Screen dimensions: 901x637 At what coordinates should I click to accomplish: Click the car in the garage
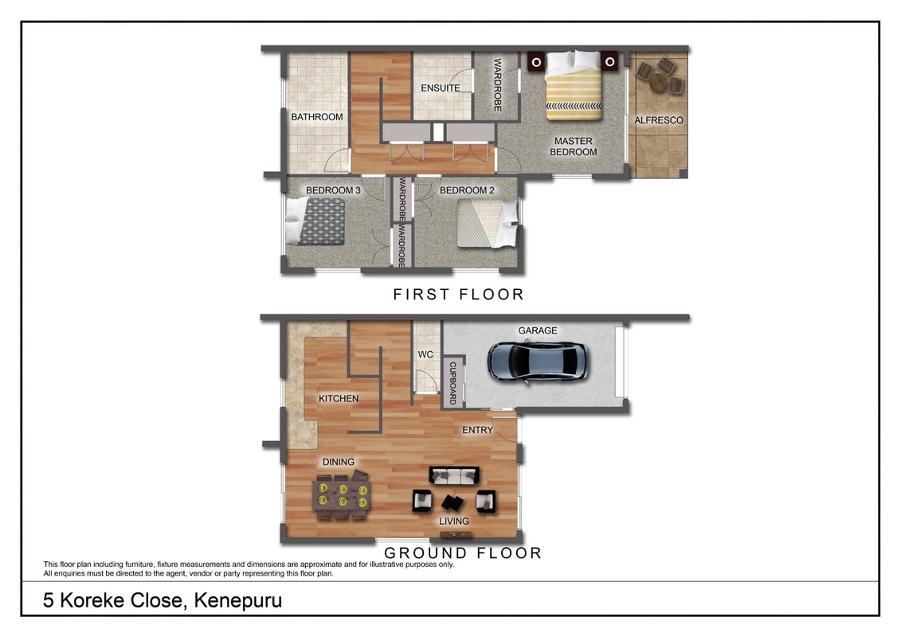(537, 361)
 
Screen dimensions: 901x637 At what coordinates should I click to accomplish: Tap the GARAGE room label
(537, 330)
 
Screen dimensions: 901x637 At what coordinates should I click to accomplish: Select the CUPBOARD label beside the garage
(452, 382)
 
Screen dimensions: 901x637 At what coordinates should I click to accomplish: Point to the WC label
(425, 354)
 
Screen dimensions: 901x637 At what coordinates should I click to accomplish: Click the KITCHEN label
(339, 398)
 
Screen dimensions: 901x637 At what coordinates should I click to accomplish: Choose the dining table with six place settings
(341, 495)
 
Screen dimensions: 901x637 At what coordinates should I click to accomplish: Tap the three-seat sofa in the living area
(454, 475)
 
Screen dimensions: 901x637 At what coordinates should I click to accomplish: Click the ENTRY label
(477, 430)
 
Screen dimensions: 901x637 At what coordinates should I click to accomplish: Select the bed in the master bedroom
(574, 85)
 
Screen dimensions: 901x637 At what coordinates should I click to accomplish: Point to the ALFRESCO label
(659, 120)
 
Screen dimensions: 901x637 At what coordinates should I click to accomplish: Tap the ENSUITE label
(441, 88)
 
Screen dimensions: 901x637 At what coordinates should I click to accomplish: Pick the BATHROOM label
(316, 116)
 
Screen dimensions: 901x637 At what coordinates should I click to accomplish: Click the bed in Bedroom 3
(315, 221)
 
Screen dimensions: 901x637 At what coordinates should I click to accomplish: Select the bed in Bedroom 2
(488, 224)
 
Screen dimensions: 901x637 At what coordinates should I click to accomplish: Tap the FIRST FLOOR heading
(459, 294)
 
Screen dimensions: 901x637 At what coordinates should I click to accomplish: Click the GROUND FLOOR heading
(463, 553)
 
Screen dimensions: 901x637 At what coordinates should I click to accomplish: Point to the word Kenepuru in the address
(238, 601)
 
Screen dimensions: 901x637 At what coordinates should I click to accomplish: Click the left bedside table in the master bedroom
(536, 61)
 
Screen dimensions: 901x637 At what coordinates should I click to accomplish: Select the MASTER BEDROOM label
(573, 147)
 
